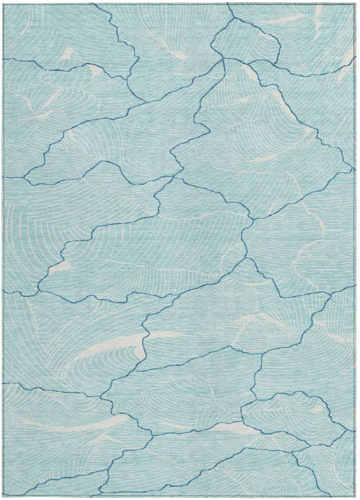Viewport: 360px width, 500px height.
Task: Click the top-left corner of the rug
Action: [4, 4]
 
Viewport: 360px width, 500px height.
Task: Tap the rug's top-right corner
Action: [355, 3]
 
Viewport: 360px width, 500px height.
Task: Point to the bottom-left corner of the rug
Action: [4, 496]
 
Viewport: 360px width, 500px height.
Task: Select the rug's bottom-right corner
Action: [356, 497]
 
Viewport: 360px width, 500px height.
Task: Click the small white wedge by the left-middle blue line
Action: [60, 267]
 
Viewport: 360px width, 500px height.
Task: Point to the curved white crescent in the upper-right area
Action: [271, 157]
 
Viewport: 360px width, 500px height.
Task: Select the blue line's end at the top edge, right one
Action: [227, 4]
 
